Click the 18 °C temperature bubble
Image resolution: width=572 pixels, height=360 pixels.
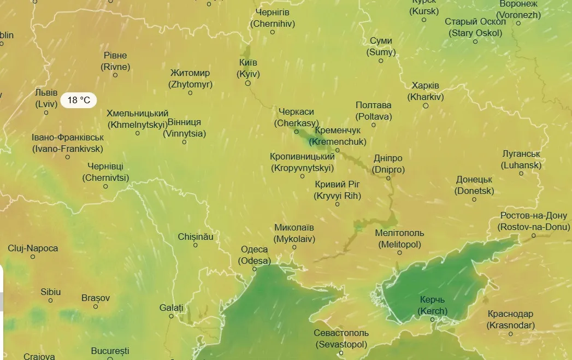(79, 101)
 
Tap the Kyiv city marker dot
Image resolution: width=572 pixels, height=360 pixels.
(247, 84)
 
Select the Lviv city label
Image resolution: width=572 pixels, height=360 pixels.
(46, 98)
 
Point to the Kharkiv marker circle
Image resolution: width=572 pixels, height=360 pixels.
(426, 105)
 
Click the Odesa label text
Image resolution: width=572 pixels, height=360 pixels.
(255, 255)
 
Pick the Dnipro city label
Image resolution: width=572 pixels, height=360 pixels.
(388, 164)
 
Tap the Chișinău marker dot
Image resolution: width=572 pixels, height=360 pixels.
(196, 245)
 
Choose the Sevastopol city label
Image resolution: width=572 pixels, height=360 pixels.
(341, 339)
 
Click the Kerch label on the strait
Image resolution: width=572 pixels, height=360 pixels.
(433, 305)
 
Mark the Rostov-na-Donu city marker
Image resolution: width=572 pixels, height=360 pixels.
(534, 235)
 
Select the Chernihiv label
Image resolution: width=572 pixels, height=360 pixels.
(273, 18)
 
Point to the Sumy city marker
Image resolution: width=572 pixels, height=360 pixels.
(381, 61)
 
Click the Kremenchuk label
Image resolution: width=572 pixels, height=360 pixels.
(337, 137)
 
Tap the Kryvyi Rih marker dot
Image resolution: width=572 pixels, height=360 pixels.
(337, 204)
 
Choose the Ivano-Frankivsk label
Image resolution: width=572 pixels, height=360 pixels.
(67, 143)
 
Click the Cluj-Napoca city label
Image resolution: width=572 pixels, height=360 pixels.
(33, 249)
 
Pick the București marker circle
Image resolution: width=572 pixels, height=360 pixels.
(110, 359)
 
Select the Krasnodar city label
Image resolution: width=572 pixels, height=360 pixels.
(511, 320)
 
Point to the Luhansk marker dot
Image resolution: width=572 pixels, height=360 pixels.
(521, 173)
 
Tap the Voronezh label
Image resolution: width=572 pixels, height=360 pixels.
(518, 10)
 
